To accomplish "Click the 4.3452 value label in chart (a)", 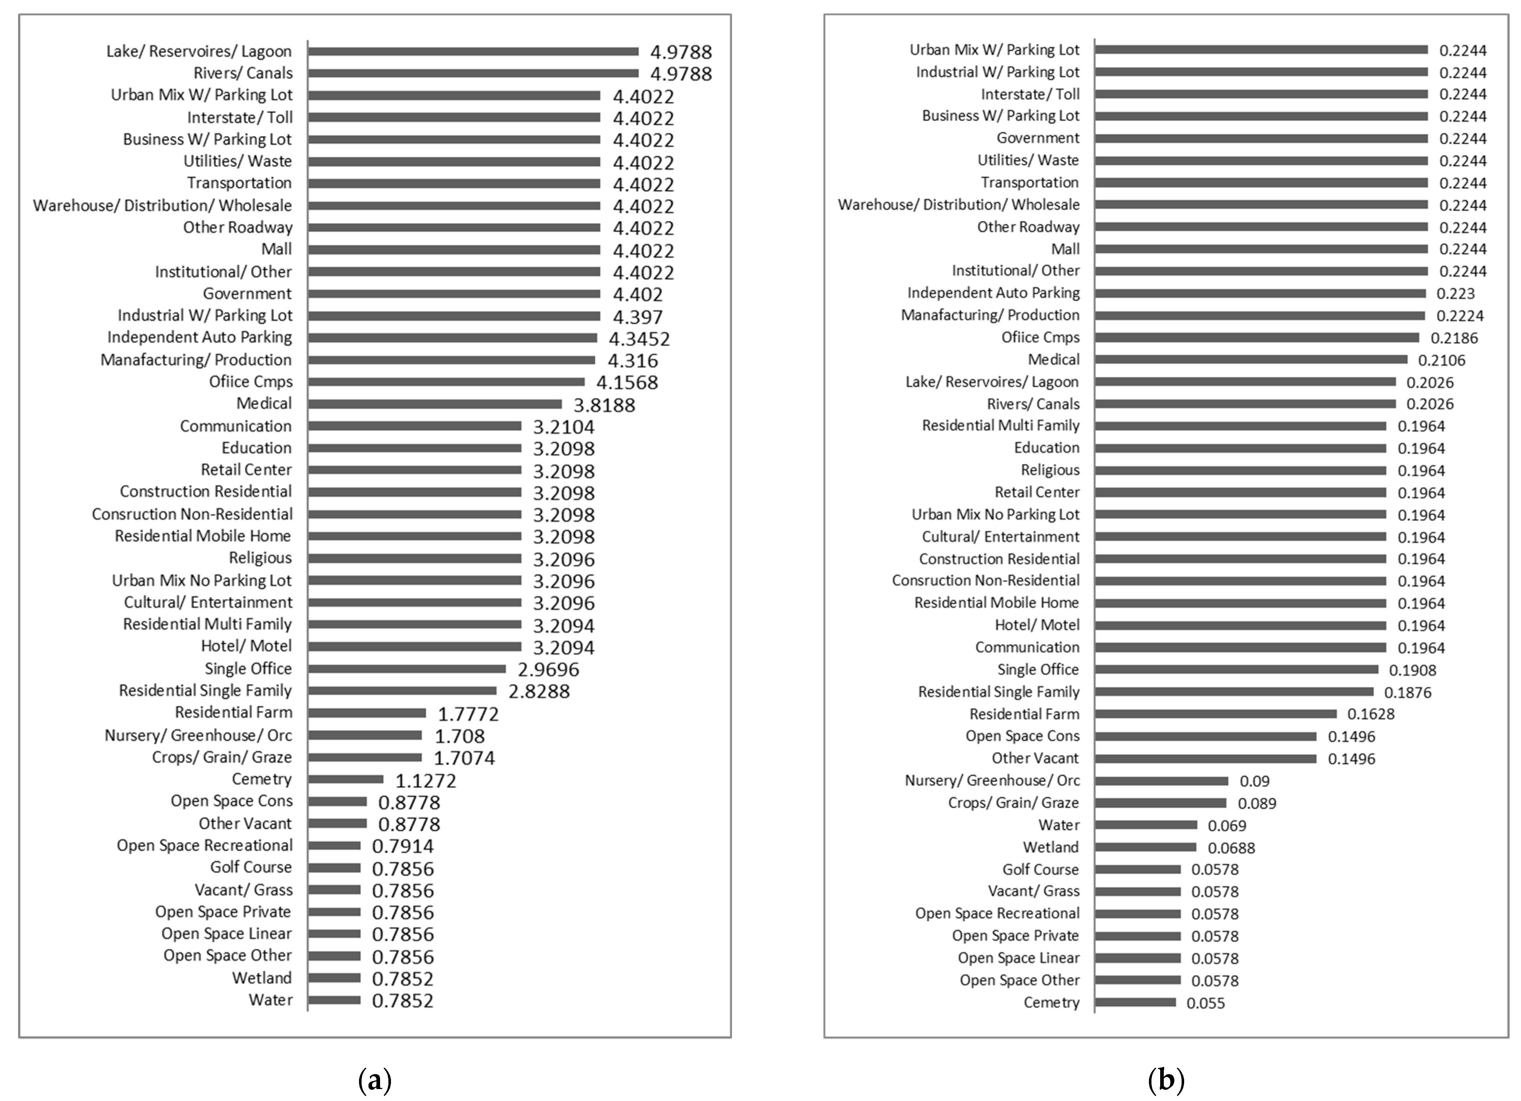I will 639,339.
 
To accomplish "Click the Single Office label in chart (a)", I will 248,669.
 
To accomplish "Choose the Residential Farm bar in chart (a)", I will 367,713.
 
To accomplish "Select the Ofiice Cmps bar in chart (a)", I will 446,382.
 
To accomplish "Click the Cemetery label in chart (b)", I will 1052,1002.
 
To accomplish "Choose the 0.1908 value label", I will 1412,670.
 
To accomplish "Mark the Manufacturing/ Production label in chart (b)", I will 990,315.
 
